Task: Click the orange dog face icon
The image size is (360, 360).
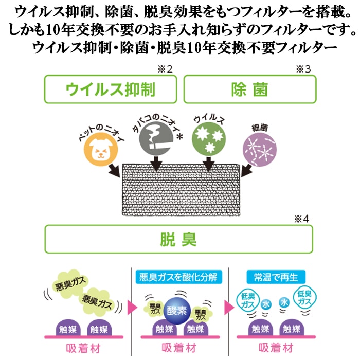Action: (101, 150)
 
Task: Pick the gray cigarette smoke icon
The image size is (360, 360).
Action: (156, 138)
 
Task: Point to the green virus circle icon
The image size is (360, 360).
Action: (209, 139)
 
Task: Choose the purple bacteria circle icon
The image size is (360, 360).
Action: (260, 150)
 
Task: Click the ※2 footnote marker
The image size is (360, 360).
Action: (165, 69)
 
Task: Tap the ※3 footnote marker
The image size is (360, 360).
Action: (303, 69)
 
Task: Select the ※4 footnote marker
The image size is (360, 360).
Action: (302, 219)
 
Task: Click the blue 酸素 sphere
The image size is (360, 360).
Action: (177, 311)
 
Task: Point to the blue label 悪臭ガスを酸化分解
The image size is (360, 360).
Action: (178, 277)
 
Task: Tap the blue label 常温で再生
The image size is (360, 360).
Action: (276, 277)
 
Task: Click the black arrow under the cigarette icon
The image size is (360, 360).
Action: (156, 164)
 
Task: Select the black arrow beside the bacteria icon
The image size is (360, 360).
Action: (246, 171)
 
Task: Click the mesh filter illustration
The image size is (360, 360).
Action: (181, 190)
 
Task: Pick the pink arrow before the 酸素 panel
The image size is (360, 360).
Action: (132, 308)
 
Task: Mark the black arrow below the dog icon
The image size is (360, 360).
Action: (115, 170)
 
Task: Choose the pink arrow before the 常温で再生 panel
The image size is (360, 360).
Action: (229, 308)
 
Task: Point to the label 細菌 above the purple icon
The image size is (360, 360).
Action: (260, 128)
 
